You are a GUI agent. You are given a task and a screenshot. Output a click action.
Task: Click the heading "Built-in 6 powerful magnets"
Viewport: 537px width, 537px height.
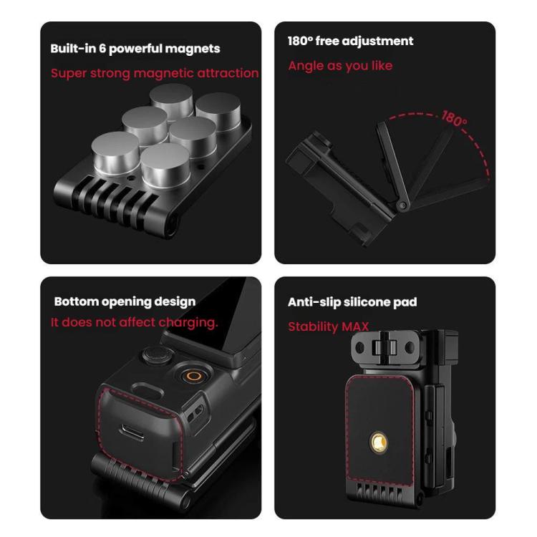click(135, 49)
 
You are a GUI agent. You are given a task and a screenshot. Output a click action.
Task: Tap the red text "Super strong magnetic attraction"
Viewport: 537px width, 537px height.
click(155, 73)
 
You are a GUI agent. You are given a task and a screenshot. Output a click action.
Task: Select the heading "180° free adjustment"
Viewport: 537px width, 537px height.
click(350, 41)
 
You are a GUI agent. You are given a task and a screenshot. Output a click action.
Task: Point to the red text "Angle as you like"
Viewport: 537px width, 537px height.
click(340, 66)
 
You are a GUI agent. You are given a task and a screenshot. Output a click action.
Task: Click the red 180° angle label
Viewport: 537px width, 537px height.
click(454, 118)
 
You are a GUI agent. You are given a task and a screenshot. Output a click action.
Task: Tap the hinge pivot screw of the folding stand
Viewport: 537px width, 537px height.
click(402, 205)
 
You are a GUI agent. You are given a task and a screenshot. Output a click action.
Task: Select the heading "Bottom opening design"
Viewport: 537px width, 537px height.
click(125, 301)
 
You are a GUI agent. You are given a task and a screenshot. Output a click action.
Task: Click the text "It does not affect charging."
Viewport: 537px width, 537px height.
click(135, 323)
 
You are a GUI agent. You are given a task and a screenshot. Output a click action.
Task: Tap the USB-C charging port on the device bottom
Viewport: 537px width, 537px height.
click(132, 432)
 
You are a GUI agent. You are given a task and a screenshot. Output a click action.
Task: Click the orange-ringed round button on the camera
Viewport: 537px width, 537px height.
click(194, 376)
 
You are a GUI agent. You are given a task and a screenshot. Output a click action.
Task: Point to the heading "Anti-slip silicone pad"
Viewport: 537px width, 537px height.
click(352, 302)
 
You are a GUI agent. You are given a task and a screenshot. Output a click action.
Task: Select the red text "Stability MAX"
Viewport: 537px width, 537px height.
click(328, 326)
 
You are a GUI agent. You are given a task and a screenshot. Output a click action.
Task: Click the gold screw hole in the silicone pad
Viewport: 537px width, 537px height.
click(379, 442)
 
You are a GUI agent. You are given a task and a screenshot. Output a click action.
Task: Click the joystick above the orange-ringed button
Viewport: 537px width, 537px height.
click(157, 355)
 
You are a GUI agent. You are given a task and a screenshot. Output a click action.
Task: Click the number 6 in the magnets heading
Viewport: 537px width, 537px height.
click(102, 48)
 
